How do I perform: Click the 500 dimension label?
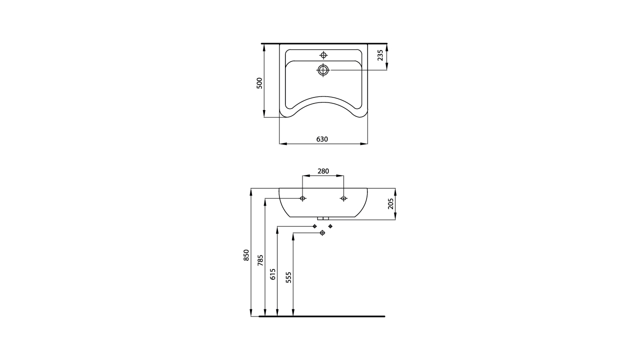click(259, 83)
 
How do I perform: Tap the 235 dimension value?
click(380, 55)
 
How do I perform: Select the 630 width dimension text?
click(322, 139)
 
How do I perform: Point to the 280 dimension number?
click(323, 171)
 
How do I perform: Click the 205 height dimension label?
click(390, 203)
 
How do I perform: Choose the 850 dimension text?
click(246, 255)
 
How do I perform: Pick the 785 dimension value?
click(260, 260)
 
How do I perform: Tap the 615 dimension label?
click(273, 274)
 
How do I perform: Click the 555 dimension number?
click(288, 277)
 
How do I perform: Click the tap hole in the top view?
click(323, 55)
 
